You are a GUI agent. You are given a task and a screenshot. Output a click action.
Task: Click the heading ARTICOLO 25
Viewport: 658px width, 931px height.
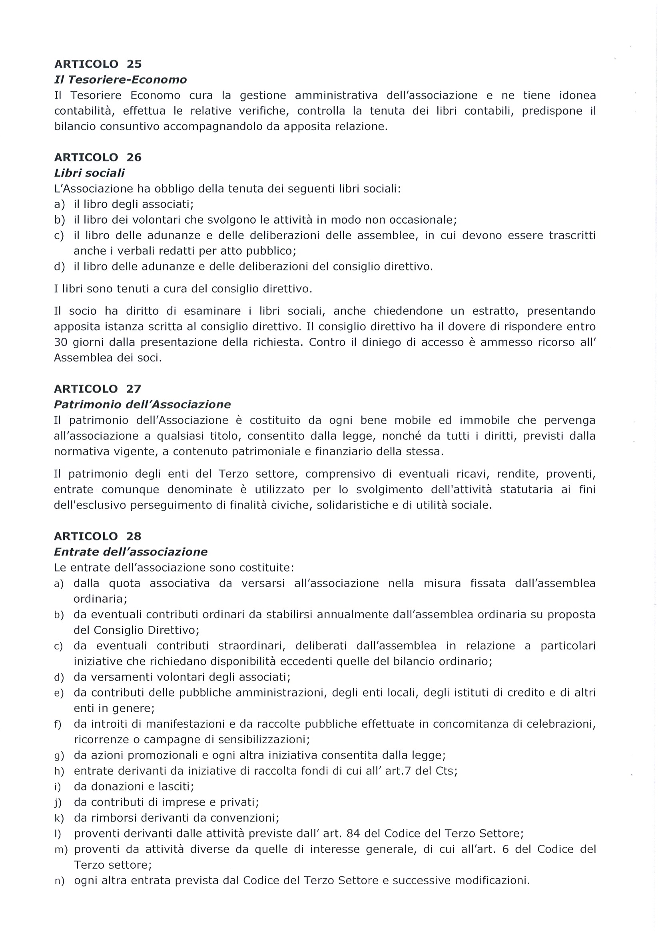click(x=98, y=64)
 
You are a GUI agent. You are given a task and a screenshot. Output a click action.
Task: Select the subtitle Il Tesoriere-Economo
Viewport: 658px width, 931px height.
click(x=121, y=80)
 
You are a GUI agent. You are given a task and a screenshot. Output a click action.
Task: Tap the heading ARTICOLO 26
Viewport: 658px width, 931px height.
click(x=98, y=157)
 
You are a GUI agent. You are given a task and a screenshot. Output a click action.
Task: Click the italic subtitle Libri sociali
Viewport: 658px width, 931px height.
click(x=89, y=173)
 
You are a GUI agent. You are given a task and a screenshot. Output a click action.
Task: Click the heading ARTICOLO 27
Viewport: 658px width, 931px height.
click(x=98, y=389)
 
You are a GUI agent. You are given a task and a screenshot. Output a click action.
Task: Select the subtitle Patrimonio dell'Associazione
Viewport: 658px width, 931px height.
click(x=142, y=405)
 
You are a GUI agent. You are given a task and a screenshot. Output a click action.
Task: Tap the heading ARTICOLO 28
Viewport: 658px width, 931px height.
click(x=98, y=536)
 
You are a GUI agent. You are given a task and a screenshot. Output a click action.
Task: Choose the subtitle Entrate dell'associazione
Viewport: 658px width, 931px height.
click(x=131, y=552)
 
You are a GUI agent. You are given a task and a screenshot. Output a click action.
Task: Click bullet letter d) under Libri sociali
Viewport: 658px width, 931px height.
click(x=59, y=267)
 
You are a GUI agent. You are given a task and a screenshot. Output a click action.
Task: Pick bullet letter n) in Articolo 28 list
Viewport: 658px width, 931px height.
click(x=59, y=881)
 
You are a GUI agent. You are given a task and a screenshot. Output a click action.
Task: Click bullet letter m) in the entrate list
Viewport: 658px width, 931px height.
click(x=61, y=850)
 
